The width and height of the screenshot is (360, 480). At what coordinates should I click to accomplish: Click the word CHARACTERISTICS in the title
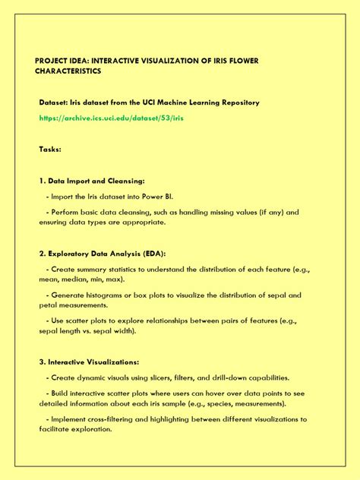[69, 71]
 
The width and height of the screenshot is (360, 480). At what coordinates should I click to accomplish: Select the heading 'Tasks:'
[50, 150]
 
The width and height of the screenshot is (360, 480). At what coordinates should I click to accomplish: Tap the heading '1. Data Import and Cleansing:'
[91, 182]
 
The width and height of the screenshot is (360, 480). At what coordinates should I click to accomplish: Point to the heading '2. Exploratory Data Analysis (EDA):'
[102, 254]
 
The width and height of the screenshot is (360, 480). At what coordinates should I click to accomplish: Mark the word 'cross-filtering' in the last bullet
[111, 418]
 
